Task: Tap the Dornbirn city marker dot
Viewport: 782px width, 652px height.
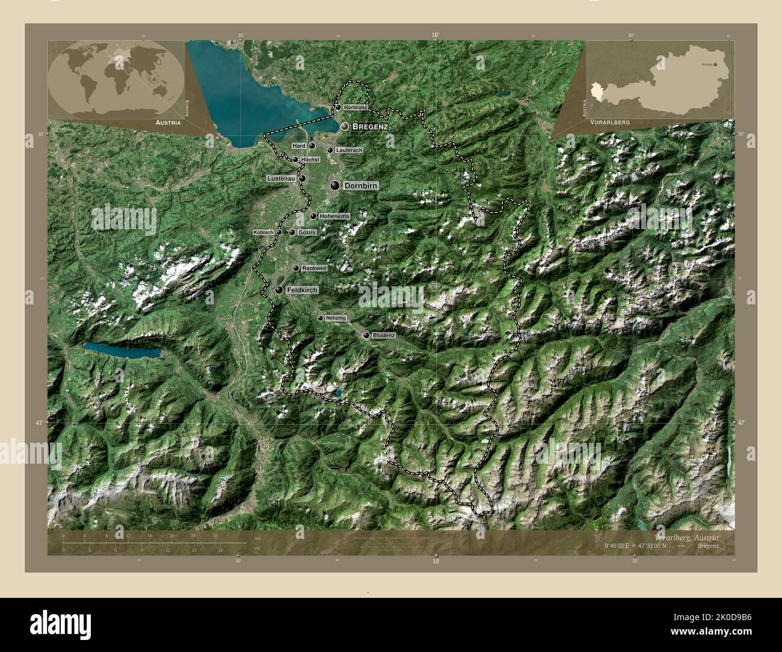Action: tap(334, 186)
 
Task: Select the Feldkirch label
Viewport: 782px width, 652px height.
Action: tap(302, 290)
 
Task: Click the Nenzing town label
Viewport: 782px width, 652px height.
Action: tap(336, 318)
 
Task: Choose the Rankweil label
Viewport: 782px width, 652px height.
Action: tap(315, 268)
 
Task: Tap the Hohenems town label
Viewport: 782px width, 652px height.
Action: tap(334, 216)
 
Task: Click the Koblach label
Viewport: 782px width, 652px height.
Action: tap(263, 232)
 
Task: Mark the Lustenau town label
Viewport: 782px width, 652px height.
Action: tap(282, 179)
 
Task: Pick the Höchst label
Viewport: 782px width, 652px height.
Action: tap(310, 159)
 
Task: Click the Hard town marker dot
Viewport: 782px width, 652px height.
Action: tap(312, 146)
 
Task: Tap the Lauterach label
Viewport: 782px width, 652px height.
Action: tap(349, 150)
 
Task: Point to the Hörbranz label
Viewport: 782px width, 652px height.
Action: tap(356, 107)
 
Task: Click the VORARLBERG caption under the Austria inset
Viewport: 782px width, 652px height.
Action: tap(610, 121)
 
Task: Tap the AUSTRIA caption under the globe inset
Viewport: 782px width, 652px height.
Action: tap(168, 121)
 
